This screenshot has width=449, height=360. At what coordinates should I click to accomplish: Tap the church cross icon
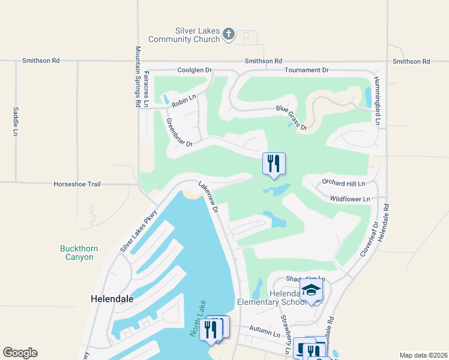tap(229, 34)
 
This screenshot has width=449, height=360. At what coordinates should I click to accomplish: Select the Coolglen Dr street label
tap(195, 70)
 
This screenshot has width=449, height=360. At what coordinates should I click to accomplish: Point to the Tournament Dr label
tap(307, 70)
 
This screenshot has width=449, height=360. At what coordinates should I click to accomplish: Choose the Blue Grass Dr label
tap(292, 118)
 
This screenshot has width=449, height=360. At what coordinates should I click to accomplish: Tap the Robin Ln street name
tap(184, 101)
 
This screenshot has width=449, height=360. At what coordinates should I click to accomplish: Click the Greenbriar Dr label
tap(179, 132)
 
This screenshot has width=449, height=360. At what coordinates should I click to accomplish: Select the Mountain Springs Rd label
tap(138, 76)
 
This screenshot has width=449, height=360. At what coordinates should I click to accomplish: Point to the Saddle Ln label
tap(16, 121)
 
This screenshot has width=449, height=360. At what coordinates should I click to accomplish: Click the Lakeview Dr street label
tap(208, 199)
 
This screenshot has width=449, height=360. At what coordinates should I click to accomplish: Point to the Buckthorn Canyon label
tap(77, 253)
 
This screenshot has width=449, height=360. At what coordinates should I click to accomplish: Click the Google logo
tap(20, 353)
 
